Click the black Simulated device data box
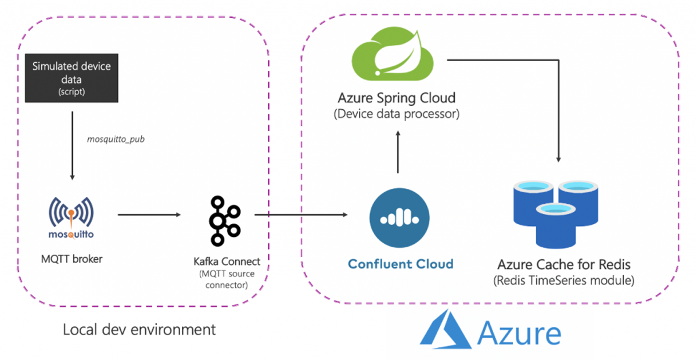point(71,78)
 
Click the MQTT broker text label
point(72,259)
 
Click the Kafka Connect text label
point(227,262)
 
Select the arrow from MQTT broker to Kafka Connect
point(149,215)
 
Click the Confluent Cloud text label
point(400,264)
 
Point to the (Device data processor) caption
point(397,114)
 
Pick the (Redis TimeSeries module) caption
point(563,280)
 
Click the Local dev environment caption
point(139,330)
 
